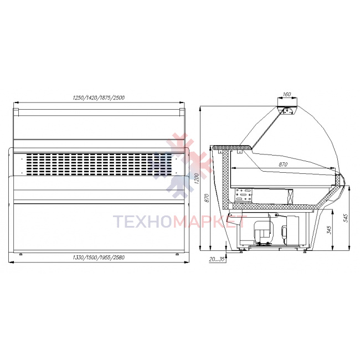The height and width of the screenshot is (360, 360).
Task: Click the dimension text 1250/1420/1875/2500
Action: (99, 98)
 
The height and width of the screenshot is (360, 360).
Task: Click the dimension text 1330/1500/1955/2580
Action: (99, 258)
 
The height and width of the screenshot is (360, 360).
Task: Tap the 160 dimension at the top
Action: (287, 94)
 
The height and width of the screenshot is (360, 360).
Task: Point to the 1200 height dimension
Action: (196, 179)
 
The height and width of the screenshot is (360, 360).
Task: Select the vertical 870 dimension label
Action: (207, 198)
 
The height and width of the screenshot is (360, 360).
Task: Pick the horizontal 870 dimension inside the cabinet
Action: (283, 164)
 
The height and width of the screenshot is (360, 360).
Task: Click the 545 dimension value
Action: (346, 218)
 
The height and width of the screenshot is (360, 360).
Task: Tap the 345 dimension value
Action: (329, 230)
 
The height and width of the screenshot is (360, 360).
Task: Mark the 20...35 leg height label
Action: (217, 259)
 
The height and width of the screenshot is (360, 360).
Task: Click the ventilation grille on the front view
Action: (99, 164)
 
